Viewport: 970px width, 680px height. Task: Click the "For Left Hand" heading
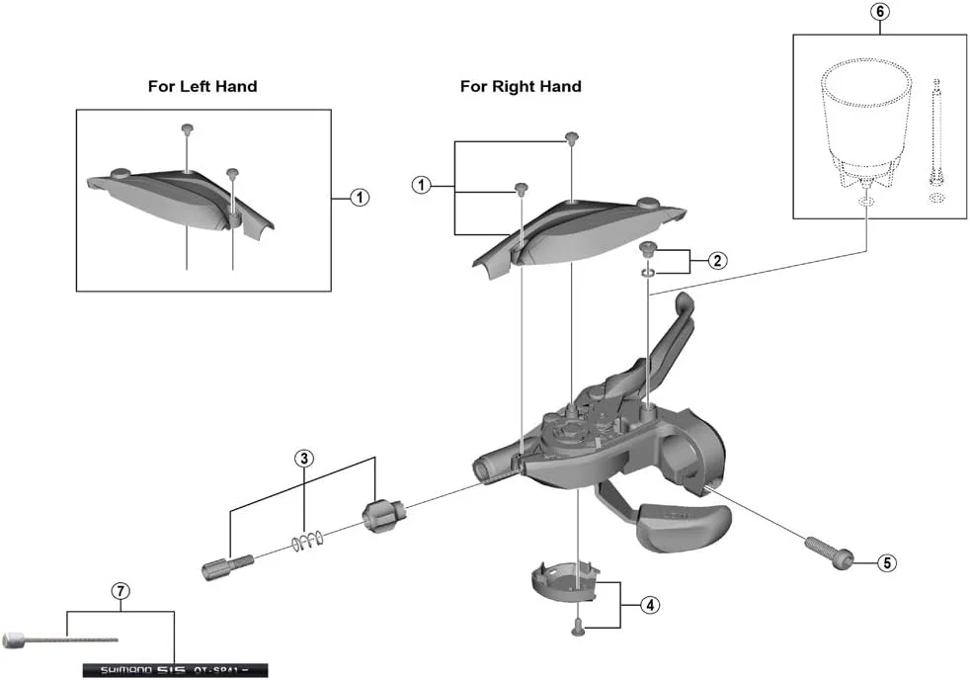click(202, 86)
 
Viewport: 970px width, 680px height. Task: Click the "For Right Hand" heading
click(521, 86)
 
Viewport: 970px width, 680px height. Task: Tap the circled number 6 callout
click(880, 13)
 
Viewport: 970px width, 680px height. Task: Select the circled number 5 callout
click(887, 562)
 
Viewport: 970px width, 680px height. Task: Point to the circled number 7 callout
click(120, 592)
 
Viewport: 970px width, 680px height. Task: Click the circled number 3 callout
click(304, 458)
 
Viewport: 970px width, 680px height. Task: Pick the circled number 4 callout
click(648, 605)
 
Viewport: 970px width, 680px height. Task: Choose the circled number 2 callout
click(718, 261)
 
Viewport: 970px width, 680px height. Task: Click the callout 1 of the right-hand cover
click(422, 185)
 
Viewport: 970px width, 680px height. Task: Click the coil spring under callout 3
click(307, 541)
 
